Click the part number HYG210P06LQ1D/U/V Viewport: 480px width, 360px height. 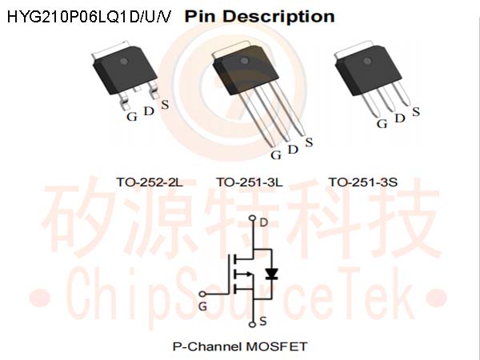click(89, 16)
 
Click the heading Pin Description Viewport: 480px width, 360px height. click(259, 16)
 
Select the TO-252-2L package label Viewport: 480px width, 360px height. click(150, 182)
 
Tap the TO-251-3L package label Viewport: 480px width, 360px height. click(250, 182)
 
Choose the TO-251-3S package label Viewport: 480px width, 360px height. click(363, 182)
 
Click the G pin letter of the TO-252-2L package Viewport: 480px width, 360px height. click(132, 117)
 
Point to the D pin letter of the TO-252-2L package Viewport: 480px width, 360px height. click(149, 111)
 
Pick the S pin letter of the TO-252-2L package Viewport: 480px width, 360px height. click(165, 105)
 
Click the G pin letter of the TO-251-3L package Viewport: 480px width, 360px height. click(276, 155)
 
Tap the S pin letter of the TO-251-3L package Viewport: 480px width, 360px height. click(309, 142)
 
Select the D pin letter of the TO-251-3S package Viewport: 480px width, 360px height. click(400, 118)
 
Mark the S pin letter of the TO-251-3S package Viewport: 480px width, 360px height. click(416, 112)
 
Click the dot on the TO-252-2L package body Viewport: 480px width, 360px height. click(124, 61)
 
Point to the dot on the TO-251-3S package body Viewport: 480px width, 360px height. click(367, 61)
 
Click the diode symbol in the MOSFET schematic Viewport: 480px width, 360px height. click(271, 274)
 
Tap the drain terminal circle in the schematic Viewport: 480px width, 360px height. click(253, 218)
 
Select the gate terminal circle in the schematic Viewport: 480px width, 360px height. click(202, 294)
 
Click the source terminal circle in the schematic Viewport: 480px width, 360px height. click(253, 324)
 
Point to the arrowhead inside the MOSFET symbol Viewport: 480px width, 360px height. click(248, 274)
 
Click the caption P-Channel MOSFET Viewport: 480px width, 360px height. click(240, 347)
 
